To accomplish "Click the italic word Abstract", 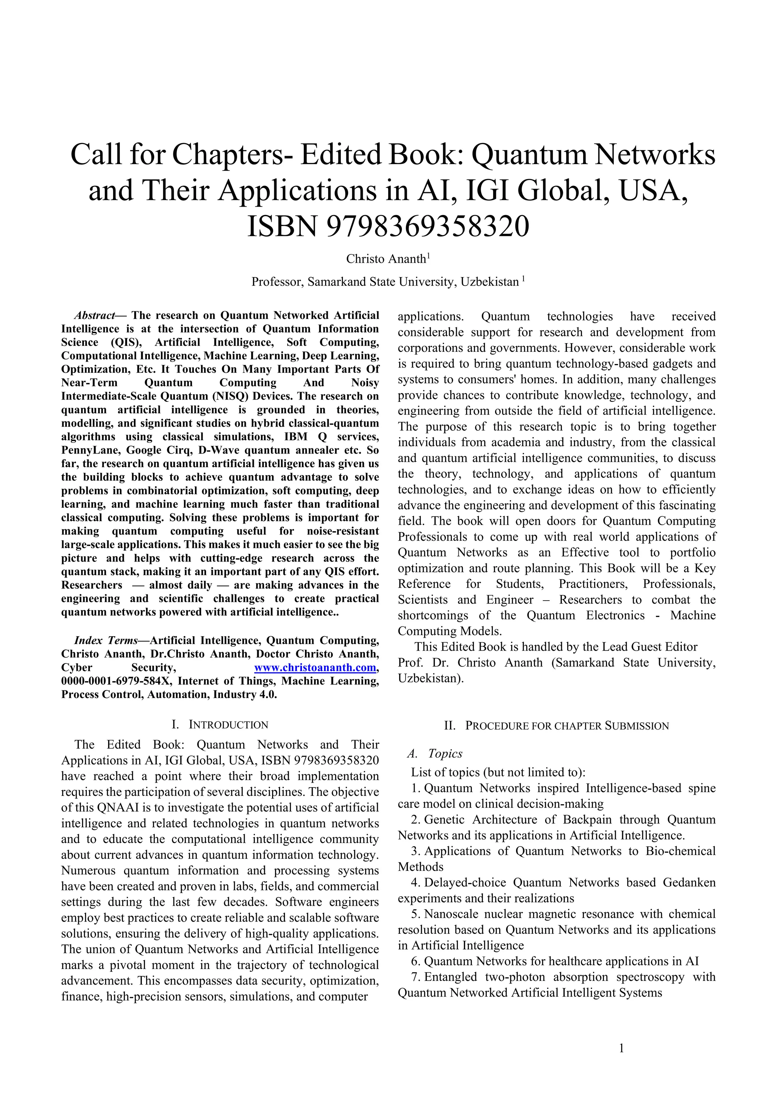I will pyautogui.click(x=94, y=315).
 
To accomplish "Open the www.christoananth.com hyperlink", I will pyautogui.click(x=315, y=668).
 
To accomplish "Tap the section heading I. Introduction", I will pyautogui.click(x=220, y=725).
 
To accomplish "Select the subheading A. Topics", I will pyautogui.click(x=434, y=754).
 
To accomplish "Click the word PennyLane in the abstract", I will pyautogui.click(x=85, y=450).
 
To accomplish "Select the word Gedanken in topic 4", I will pyautogui.click(x=689, y=882).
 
